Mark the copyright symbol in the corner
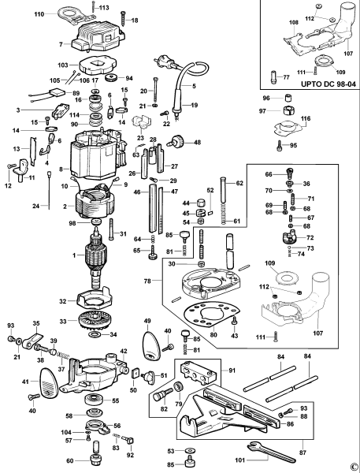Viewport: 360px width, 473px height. pos(352,465)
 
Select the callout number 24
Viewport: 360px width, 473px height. pos(13,206)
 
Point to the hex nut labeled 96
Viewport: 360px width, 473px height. pos(288,99)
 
